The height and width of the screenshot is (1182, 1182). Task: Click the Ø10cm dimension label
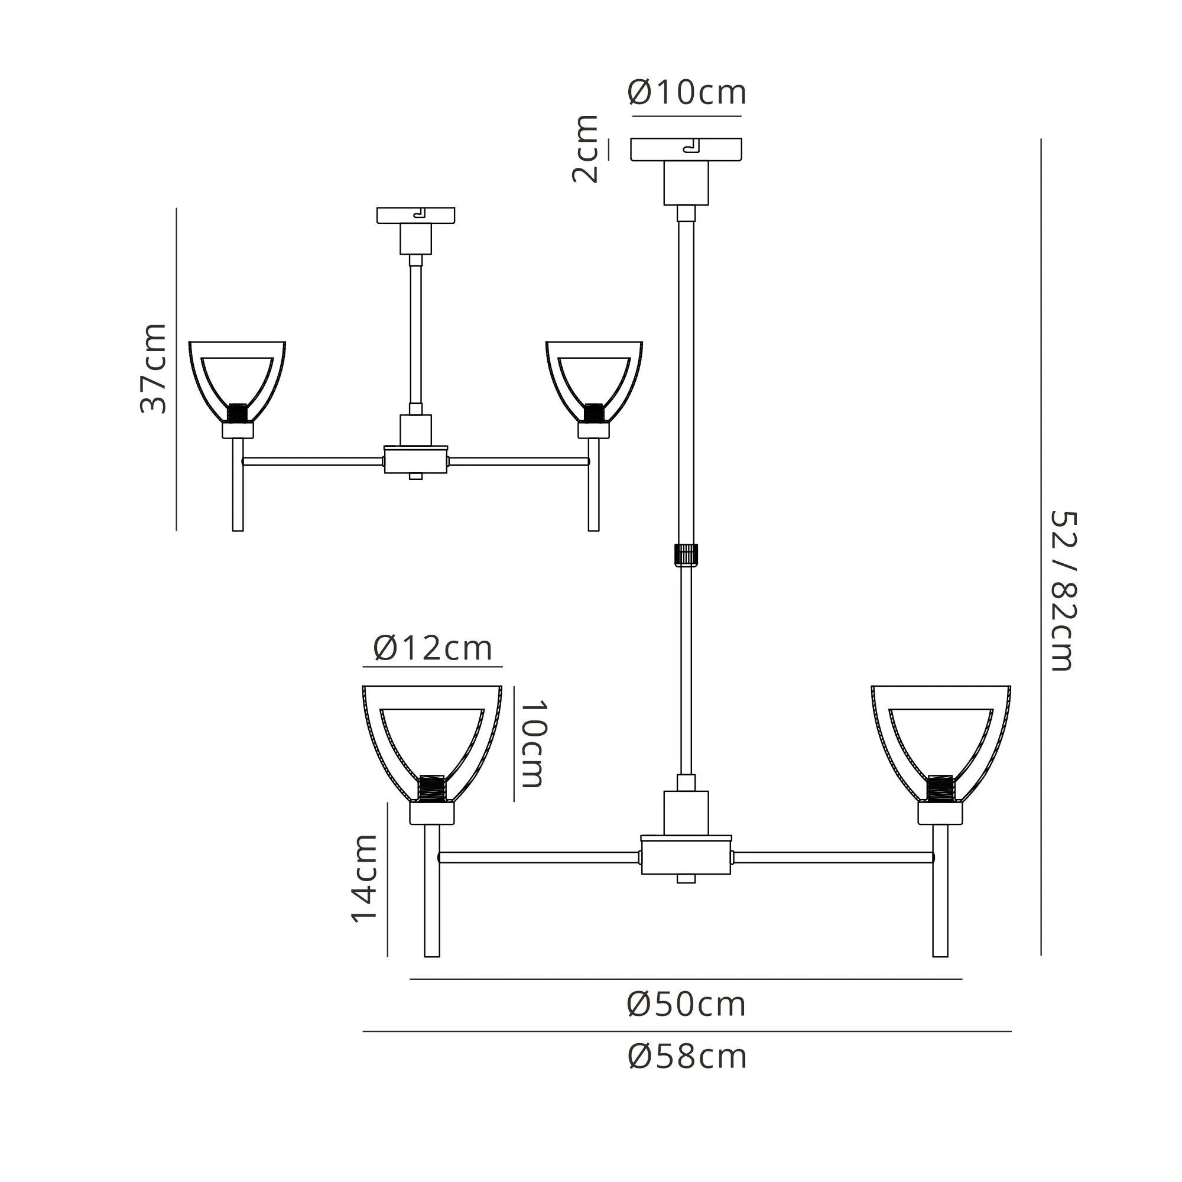[686, 93]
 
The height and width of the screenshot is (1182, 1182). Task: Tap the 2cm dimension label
[585, 149]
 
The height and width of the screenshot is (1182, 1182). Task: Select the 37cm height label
[154, 368]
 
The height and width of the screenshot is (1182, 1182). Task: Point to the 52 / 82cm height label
[1063, 591]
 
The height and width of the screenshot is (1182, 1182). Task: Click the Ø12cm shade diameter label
[433, 647]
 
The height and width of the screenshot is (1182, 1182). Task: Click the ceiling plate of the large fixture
[686, 150]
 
